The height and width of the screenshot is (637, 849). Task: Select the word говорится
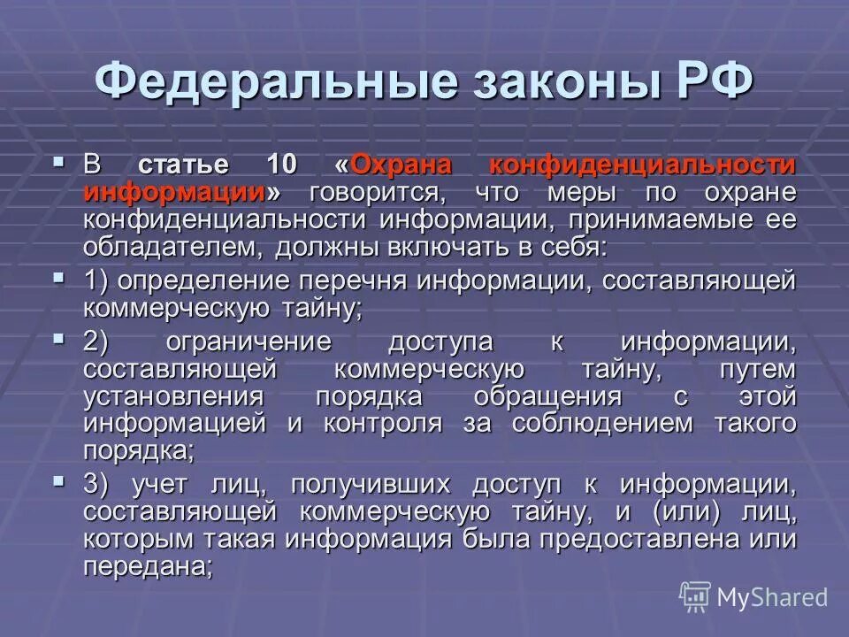point(373,192)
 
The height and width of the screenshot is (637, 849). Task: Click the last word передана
point(148,566)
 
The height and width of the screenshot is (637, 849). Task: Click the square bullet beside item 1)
point(60,278)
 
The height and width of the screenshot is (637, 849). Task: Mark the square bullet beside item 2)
point(60,339)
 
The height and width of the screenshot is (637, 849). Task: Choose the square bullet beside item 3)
point(60,481)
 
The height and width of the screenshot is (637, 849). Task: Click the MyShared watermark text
point(772,597)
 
